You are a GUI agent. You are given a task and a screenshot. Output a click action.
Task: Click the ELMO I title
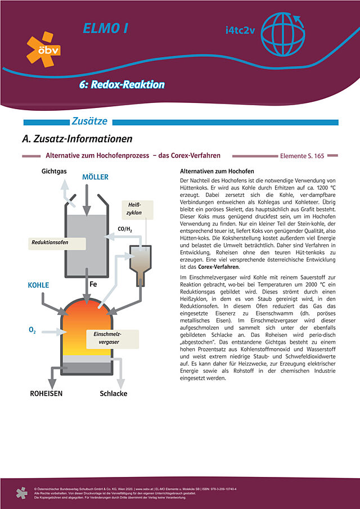tap(105, 28)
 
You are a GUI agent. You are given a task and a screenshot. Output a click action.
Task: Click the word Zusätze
tap(89, 121)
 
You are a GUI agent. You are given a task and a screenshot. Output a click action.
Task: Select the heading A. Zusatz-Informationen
tap(76, 138)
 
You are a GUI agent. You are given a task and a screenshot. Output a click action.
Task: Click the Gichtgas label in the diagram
tap(55, 170)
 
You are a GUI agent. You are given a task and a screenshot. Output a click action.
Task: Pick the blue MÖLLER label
tap(95, 177)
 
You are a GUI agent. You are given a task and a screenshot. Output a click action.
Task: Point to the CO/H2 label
tap(125, 229)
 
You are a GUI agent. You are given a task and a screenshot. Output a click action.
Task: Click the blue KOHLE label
tap(39, 285)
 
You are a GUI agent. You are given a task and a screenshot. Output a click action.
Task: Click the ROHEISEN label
tap(46, 394)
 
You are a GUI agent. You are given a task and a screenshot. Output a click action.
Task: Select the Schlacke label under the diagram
tap(114, 394)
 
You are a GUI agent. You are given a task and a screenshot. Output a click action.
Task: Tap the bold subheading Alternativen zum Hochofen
tap(217, 171)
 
